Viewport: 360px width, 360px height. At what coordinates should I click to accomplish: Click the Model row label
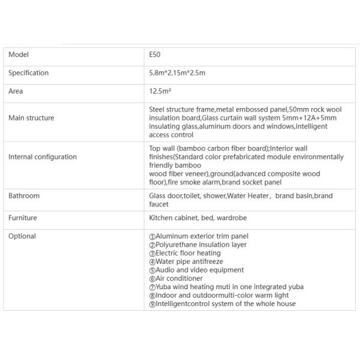[x=19, y=55]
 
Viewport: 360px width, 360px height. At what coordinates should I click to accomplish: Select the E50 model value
[x=155, y=55]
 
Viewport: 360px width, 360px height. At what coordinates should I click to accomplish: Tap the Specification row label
[x=29, y=73]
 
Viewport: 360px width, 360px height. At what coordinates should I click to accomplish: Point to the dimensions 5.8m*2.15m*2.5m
[x=178, y=73]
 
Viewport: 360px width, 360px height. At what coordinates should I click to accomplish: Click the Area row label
[x=16, y=92]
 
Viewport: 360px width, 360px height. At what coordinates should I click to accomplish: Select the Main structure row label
[x=31, y=118]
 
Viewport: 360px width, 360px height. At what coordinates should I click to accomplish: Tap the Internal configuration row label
[x=43, y=157]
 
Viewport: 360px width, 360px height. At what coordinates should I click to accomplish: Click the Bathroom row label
[x=24, y=196]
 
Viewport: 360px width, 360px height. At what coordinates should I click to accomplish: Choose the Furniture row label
[x=23, y=218]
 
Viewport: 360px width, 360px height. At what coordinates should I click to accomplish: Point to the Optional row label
[x=22, y=236]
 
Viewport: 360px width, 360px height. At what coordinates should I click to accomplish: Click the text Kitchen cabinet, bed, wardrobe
[x=197, y=218]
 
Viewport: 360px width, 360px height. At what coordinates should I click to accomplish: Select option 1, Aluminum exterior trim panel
[x=199, y=236]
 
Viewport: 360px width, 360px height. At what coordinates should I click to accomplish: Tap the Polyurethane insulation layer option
[x=197, y=245]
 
